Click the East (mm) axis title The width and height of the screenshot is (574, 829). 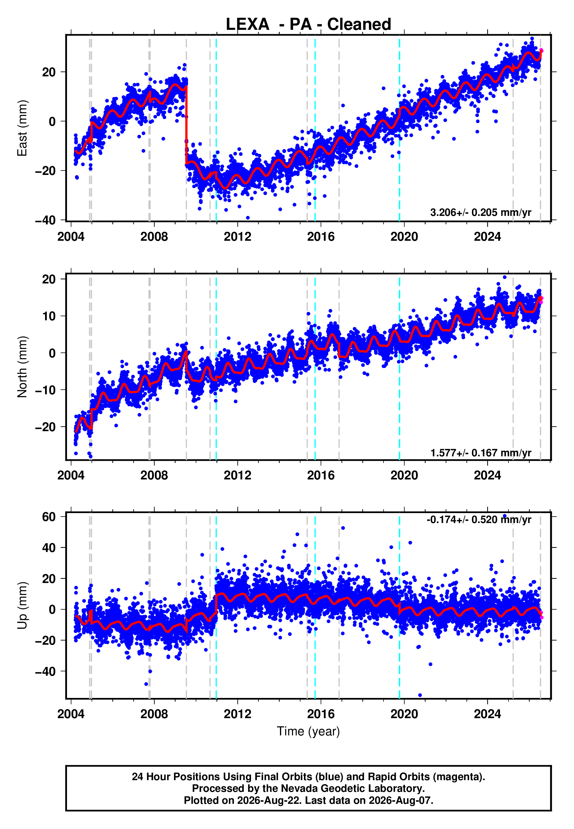(22, 128)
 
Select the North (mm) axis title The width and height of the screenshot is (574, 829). (22, 367)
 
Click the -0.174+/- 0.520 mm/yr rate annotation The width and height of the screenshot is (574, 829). (479, 520)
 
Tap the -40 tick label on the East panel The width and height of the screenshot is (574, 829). (45, 220)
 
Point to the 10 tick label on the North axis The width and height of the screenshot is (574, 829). (49, 316)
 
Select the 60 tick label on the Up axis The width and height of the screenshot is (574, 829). (49, 517)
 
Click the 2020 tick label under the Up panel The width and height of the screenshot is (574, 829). (404, 714)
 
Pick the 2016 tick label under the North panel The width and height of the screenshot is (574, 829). (321, 475)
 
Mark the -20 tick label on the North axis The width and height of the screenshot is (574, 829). (45, 427)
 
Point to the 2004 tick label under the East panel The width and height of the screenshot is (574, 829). (71, 237)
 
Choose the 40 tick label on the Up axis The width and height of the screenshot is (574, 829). (49, 548)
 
